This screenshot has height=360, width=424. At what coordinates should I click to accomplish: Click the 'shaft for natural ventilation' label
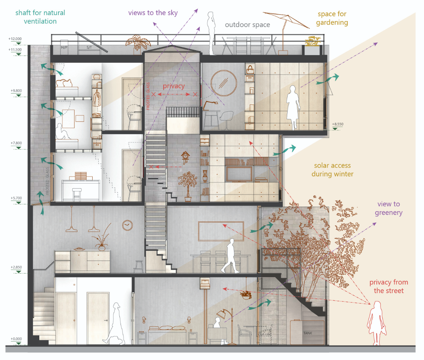pos(35,17)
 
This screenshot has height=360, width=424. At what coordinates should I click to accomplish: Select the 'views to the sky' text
pos(153,13)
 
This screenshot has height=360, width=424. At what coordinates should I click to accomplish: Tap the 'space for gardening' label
pos(332,18)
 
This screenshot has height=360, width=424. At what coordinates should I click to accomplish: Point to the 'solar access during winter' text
pos(332,170)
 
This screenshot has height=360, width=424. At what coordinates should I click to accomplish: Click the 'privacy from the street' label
pos(388,286)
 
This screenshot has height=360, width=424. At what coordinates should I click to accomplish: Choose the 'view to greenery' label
pos(388,208)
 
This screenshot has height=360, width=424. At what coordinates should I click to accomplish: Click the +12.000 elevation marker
pos(16,39)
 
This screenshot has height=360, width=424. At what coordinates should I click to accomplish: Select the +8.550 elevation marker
pos(338,124)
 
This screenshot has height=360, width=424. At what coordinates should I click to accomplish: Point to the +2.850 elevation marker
pos(16,267)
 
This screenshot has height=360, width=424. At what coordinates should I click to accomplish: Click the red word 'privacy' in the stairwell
pos(173,86)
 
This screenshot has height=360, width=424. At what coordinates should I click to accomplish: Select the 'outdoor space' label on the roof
pos(248,25)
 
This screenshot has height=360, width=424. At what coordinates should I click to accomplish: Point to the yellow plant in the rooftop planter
pos(312,41)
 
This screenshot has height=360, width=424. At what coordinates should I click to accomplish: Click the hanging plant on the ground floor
pos(246,294)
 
